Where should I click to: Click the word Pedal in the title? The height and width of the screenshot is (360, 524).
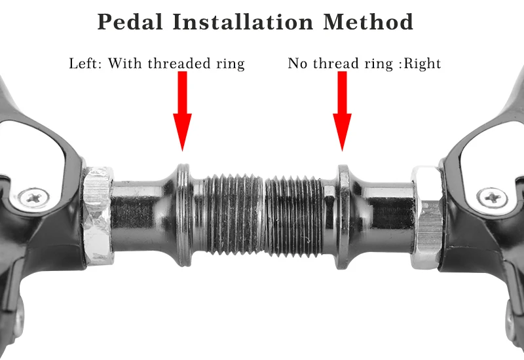pyautogui.click(x=129, y=22)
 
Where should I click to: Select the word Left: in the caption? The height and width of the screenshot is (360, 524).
pyautogui.click(x=86, y=63)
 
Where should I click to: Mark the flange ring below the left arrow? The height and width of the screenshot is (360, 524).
pyautogui.click(x=184, y=214)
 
